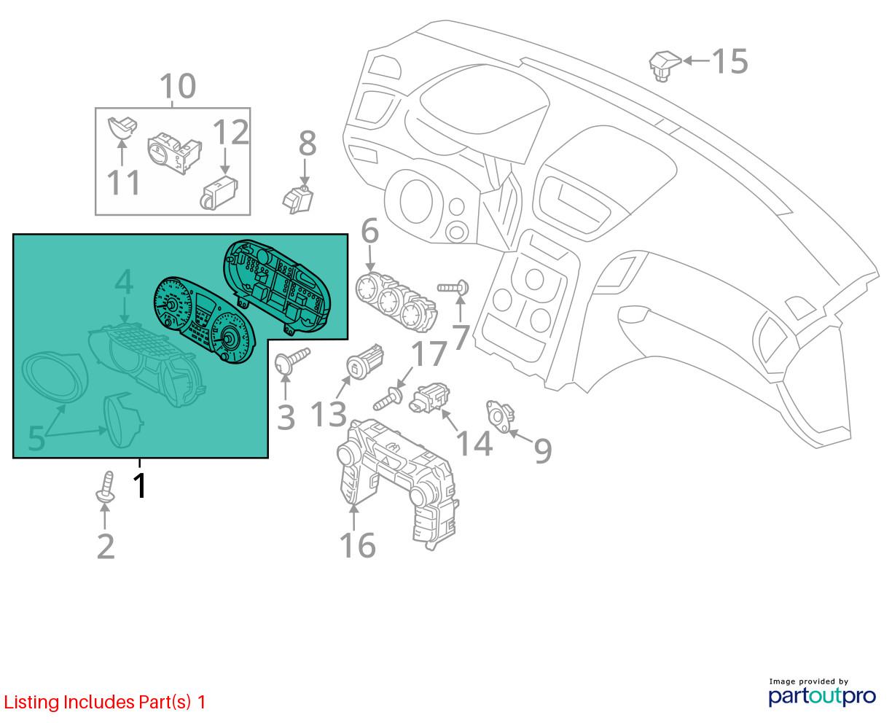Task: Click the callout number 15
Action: click(x=729, y=61)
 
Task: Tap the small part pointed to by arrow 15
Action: click(x=664, y=66)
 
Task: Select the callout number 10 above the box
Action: click(x=178, y=86)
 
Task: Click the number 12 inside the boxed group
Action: click(x=231, y=132)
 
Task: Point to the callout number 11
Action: click(x=123, y=183)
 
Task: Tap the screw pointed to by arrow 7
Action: click(x=453, y=288)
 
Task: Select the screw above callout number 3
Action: click(x=292, y=360)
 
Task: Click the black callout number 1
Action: click(x=140, y=485)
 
